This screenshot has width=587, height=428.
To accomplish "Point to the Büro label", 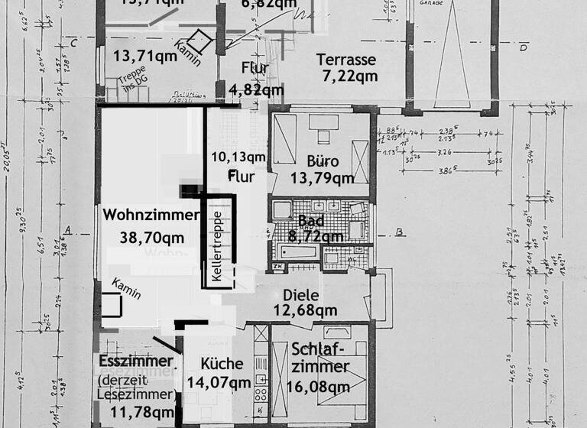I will [323, 162].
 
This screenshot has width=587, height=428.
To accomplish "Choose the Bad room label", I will [311, 221].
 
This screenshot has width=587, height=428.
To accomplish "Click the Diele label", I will [301, 294].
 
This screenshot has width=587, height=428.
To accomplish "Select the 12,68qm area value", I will [306, 310].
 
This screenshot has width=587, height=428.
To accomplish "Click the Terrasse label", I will [347, 59].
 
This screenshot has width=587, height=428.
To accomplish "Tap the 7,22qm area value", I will [347, 76].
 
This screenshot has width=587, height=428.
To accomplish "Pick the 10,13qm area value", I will [238, 157].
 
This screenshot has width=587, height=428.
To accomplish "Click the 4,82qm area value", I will [256, 89].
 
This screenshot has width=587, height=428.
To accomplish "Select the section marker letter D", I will [524, 49].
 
